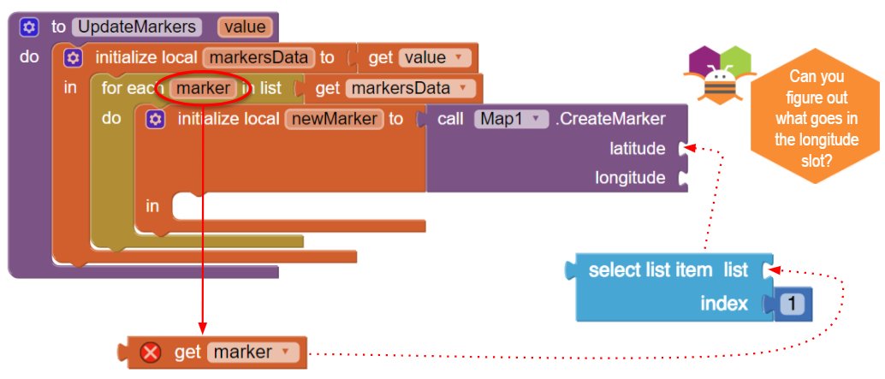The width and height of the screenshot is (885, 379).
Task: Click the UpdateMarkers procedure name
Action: click(x=137, y=27)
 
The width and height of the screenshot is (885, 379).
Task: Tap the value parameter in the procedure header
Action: click(x=245, y=27)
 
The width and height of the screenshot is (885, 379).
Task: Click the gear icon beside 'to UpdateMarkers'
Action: click(x=29, y=27)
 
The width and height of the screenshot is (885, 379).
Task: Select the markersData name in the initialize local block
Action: click(x=258, y=57)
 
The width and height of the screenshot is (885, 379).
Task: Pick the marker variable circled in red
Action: click(x=203, y=88)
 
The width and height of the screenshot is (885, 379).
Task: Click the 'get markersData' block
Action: click(x=390, y=88)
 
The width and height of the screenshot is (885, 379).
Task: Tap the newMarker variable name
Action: click(x=334, y=119)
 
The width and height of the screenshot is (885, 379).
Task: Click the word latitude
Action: click(x=638, y=149)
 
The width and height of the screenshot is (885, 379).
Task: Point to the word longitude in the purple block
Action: click(x=630, y=178)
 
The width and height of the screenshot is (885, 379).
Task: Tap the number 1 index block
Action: click(x=792, y=305)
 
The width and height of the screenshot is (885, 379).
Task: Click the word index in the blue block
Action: click(x=724, y=304)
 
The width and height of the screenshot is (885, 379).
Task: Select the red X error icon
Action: click(x=150, y=353)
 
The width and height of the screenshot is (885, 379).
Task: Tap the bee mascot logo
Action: click(x=716, y=74)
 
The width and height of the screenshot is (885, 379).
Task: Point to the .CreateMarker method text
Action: click(x=610, y=119)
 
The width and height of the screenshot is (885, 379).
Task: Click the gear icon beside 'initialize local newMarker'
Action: click(x=155, y=120)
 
